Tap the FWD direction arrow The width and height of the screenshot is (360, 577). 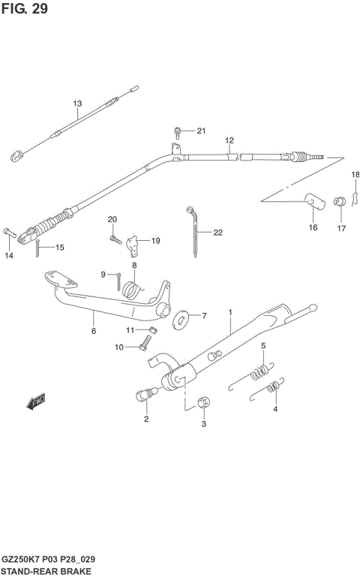click(x=36, y=402)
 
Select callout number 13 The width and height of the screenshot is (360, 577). click(x=76, y=103)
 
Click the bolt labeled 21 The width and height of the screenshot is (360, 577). click(x=178, y=131)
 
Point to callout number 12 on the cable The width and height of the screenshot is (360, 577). click(x=229, y=140)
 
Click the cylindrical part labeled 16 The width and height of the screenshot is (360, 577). click(x=310, y=201)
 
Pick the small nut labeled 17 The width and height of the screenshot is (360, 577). click(x=340, y=201)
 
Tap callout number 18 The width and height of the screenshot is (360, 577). click(x=355, y=175)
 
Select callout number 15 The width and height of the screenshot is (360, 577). click(x=59, y=248)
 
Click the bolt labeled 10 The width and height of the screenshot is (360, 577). click(x=144, y=346)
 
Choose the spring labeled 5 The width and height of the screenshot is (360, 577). click(x=259, y=370)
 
